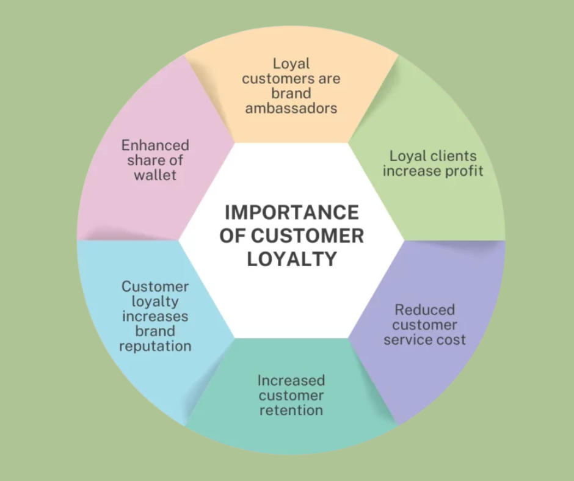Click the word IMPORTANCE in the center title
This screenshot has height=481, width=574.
click(291, 212)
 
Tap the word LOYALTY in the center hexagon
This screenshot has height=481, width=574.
click(291, 259)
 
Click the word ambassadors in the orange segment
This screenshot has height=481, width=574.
click(291, 109)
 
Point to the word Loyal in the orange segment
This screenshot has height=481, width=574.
click(291, 63)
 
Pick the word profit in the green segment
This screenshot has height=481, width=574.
click(463, 171)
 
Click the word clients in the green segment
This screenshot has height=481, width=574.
click(453, 156)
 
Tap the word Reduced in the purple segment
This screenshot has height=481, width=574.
click(424, 309)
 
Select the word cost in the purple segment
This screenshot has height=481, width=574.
click(451, 339)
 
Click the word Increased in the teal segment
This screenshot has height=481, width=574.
click(291, 380)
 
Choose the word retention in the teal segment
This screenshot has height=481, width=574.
click(291, 410)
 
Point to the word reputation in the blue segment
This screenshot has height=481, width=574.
click(155, 346)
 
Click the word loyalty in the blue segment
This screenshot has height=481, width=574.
click(155, 302)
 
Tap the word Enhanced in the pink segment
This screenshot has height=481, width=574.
click(155, 145)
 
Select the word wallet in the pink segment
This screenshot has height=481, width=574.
click(155, 175)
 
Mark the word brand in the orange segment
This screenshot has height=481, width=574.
click(291, 93)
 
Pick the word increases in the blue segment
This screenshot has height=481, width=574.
click(155, 316)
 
